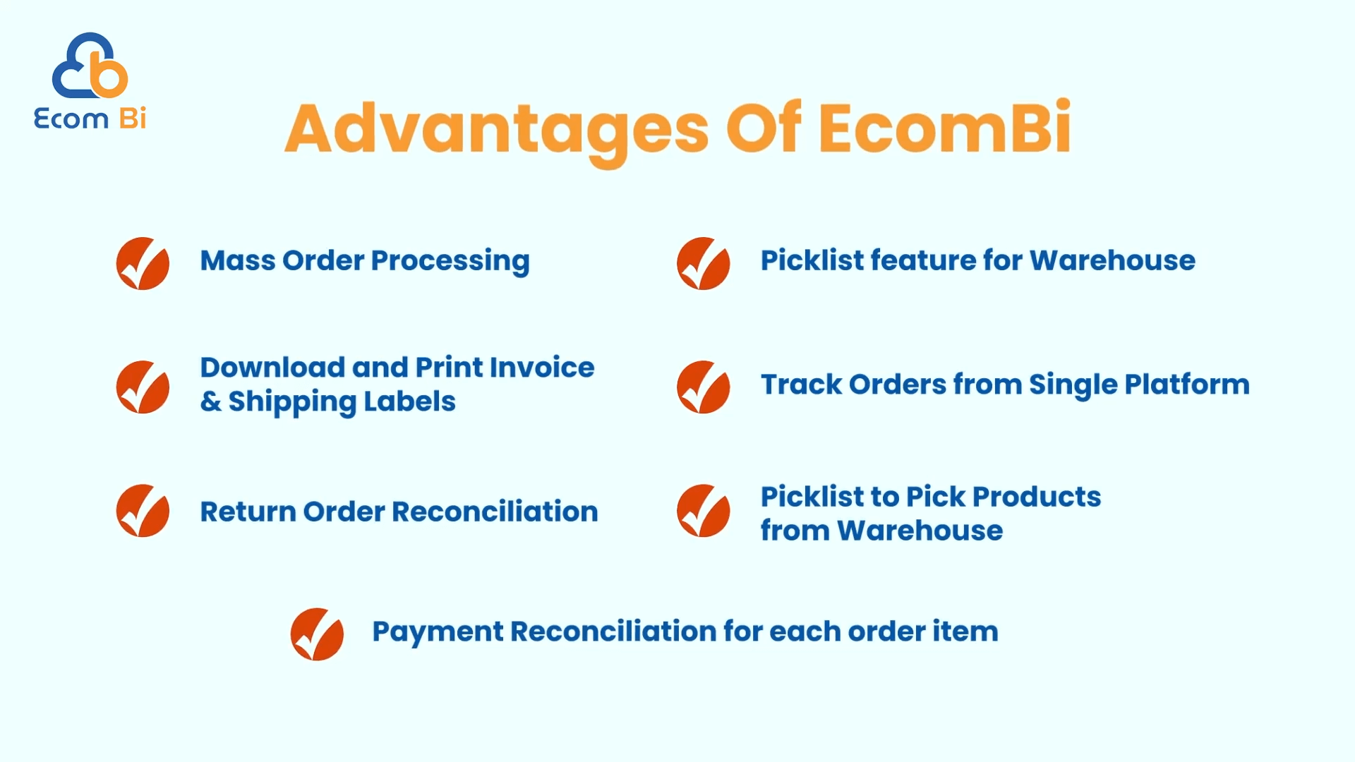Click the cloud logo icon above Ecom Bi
point(90,66)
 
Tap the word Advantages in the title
point(497,131)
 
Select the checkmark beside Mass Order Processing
point(143,263)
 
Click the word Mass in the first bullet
point(238,260)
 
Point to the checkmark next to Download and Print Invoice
point(143,387)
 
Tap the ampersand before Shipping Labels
point(210,401)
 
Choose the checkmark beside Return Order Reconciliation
point(143,510)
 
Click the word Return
point(248,512)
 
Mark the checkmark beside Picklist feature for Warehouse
point(703,263)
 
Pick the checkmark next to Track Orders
point(703,387)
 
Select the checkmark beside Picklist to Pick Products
point(703,510)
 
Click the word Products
point(1037,497)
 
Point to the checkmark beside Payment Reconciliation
point(317,634)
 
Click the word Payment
point(438,632)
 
